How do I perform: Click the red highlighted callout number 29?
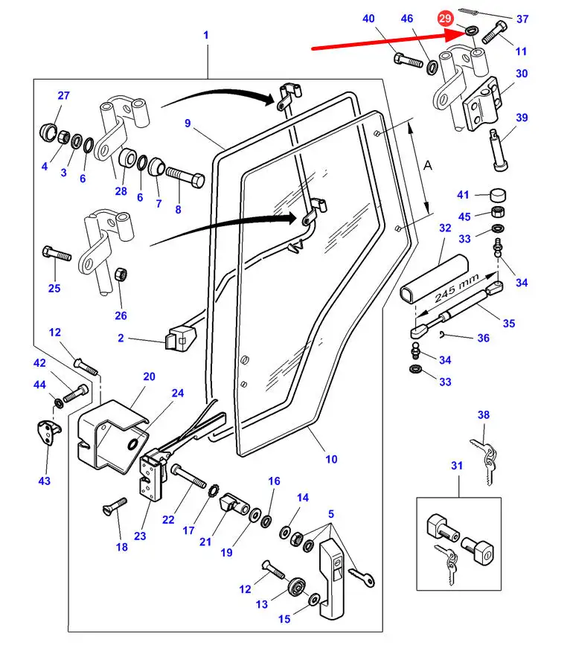pos(445,18)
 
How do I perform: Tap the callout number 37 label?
pos(522,19)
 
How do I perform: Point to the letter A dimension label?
pos(427,168)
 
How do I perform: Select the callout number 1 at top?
pos(205,35)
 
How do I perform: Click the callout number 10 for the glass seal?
pos(331,459)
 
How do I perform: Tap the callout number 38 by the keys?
pos(484,416)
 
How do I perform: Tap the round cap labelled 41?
pos(497,197)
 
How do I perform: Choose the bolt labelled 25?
pos(57,253)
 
